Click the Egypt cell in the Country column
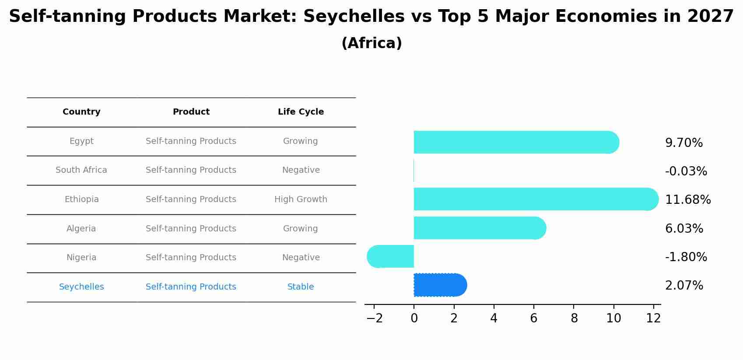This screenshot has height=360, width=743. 81,141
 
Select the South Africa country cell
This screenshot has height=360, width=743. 81,170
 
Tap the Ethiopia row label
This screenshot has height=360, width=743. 81,199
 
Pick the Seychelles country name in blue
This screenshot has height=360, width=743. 81,287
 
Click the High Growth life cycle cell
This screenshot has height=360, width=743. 301,199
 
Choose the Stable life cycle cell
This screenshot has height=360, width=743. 301,287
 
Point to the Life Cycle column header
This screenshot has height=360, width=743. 301,112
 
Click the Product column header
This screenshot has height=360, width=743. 191,112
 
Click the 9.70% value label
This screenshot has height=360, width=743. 683,143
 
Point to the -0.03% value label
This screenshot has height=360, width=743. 686,171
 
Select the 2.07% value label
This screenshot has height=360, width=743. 684,286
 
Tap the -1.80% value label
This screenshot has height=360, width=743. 686,257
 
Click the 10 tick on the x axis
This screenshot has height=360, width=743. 613,318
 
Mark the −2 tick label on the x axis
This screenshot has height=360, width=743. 374,318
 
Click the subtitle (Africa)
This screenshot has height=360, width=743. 371,43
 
